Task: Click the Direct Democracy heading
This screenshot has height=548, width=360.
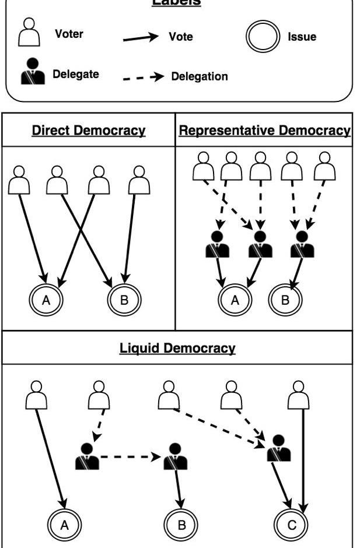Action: [x=88, y=130]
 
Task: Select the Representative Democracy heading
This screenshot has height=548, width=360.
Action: [x=264, y=130]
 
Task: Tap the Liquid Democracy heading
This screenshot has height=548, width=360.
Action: [x=177, y=349]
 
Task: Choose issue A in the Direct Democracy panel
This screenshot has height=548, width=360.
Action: [x=47, y=301]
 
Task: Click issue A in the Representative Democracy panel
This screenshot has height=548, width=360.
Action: [x=235, y=301]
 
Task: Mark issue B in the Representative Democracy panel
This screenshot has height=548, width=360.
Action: [x=285, y=301]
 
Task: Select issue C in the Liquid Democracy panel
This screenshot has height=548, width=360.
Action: [x=291, y=524]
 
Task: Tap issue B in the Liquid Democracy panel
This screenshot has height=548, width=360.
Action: [x=181, y=524]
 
